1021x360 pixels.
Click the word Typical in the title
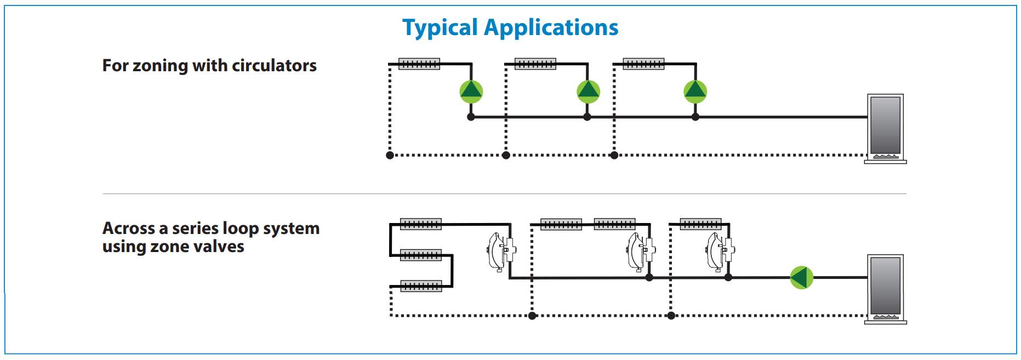click(x=440, y=28)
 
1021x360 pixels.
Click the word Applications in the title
click(x=551, y=28)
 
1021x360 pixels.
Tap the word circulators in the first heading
click(x=274, y=66)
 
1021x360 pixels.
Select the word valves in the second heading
click(x=217, y=247)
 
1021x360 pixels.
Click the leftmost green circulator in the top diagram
click(x=471, y=92)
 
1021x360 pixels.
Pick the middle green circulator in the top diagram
click(x=589, y=92)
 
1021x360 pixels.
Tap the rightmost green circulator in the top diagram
click(x=695, y=92)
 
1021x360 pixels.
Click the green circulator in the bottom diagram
click(x=802, y=277)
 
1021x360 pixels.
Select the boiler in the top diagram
click(x=886, y=129)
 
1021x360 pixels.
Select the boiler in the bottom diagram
click(x=886, y=289)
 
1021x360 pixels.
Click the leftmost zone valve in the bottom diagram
click(x=501, y=252)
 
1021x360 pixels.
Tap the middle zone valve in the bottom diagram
click(x=641, y=252)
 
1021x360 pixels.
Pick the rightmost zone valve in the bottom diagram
click(x=720, y=252)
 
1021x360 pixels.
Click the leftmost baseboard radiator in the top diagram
click(x=419, y=64)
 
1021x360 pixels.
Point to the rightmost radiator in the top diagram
click(x=644, y=64)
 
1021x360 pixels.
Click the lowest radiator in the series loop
click(x=421, y=286)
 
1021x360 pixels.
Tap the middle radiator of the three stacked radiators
click(x=421, y=255)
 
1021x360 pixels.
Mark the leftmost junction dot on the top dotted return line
click(x=390, y=155)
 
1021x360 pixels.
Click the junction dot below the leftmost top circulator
click(x=471, y=117)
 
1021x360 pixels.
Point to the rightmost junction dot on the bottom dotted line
click(x=671, y=316)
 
